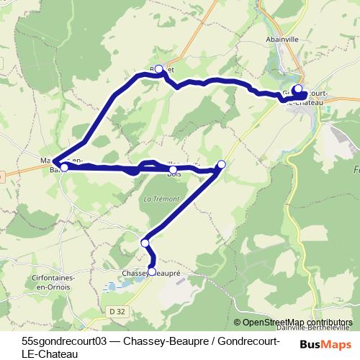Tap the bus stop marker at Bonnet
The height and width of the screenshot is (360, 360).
click(x=159, y=69)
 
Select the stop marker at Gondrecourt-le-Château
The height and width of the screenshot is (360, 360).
click(x=297, y=89)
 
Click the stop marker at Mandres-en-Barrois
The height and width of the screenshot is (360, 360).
click(x=64, y=167)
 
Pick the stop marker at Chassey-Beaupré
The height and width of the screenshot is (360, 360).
click(x=151, y=271)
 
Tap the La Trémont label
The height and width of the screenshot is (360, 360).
click(x=161, y=198)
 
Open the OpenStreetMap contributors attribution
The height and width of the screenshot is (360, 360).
click(x=297, y=322)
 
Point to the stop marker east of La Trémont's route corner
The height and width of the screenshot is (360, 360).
click(x=221, y=164)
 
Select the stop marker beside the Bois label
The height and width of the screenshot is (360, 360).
click(x=174, y=170)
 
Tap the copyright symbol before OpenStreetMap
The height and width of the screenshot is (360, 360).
click(x=238, y=322)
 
